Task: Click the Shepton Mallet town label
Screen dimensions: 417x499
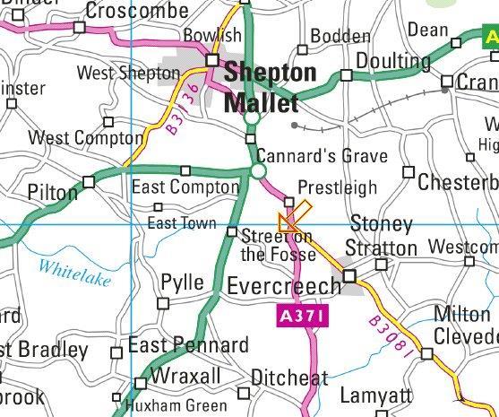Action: [270, 86]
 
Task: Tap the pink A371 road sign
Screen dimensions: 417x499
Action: [298, 316]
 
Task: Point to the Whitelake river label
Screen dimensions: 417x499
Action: [74, 273]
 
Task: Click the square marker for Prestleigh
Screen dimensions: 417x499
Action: [288, 202]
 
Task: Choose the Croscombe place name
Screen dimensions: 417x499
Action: [137, 11]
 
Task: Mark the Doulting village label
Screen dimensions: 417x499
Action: [393, 61]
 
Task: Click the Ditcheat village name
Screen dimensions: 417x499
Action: [288, 378]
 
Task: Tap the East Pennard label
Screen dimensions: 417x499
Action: [188, 346]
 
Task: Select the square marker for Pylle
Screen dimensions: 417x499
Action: [162, 303]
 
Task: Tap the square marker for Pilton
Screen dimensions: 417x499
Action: [88, 182]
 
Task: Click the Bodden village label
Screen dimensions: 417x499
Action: [340, 37]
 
